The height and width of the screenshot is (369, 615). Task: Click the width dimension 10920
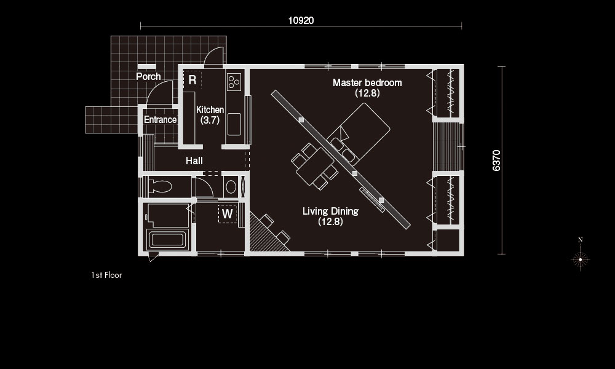pos(301,20)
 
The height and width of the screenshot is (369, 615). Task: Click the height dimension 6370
pos(496,161)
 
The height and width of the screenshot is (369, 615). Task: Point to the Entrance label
pos(160,119)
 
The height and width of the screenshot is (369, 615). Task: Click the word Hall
pos(194,161)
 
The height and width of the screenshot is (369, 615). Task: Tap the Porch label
pos(148,76)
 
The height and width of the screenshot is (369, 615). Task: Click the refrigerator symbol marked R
pos(192,80)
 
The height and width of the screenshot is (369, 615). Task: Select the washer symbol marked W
pos(228,214)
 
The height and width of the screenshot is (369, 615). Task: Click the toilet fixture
pos(160,187)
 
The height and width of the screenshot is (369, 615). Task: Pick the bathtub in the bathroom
pos(166,239)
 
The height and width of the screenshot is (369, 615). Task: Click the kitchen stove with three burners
pos(234,82)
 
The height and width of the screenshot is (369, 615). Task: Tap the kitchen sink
pos(234,124)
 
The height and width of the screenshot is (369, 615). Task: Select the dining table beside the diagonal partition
pos(315,166)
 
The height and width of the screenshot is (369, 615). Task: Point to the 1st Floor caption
pos(106,276)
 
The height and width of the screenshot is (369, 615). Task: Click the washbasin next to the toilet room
pos(231,187)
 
